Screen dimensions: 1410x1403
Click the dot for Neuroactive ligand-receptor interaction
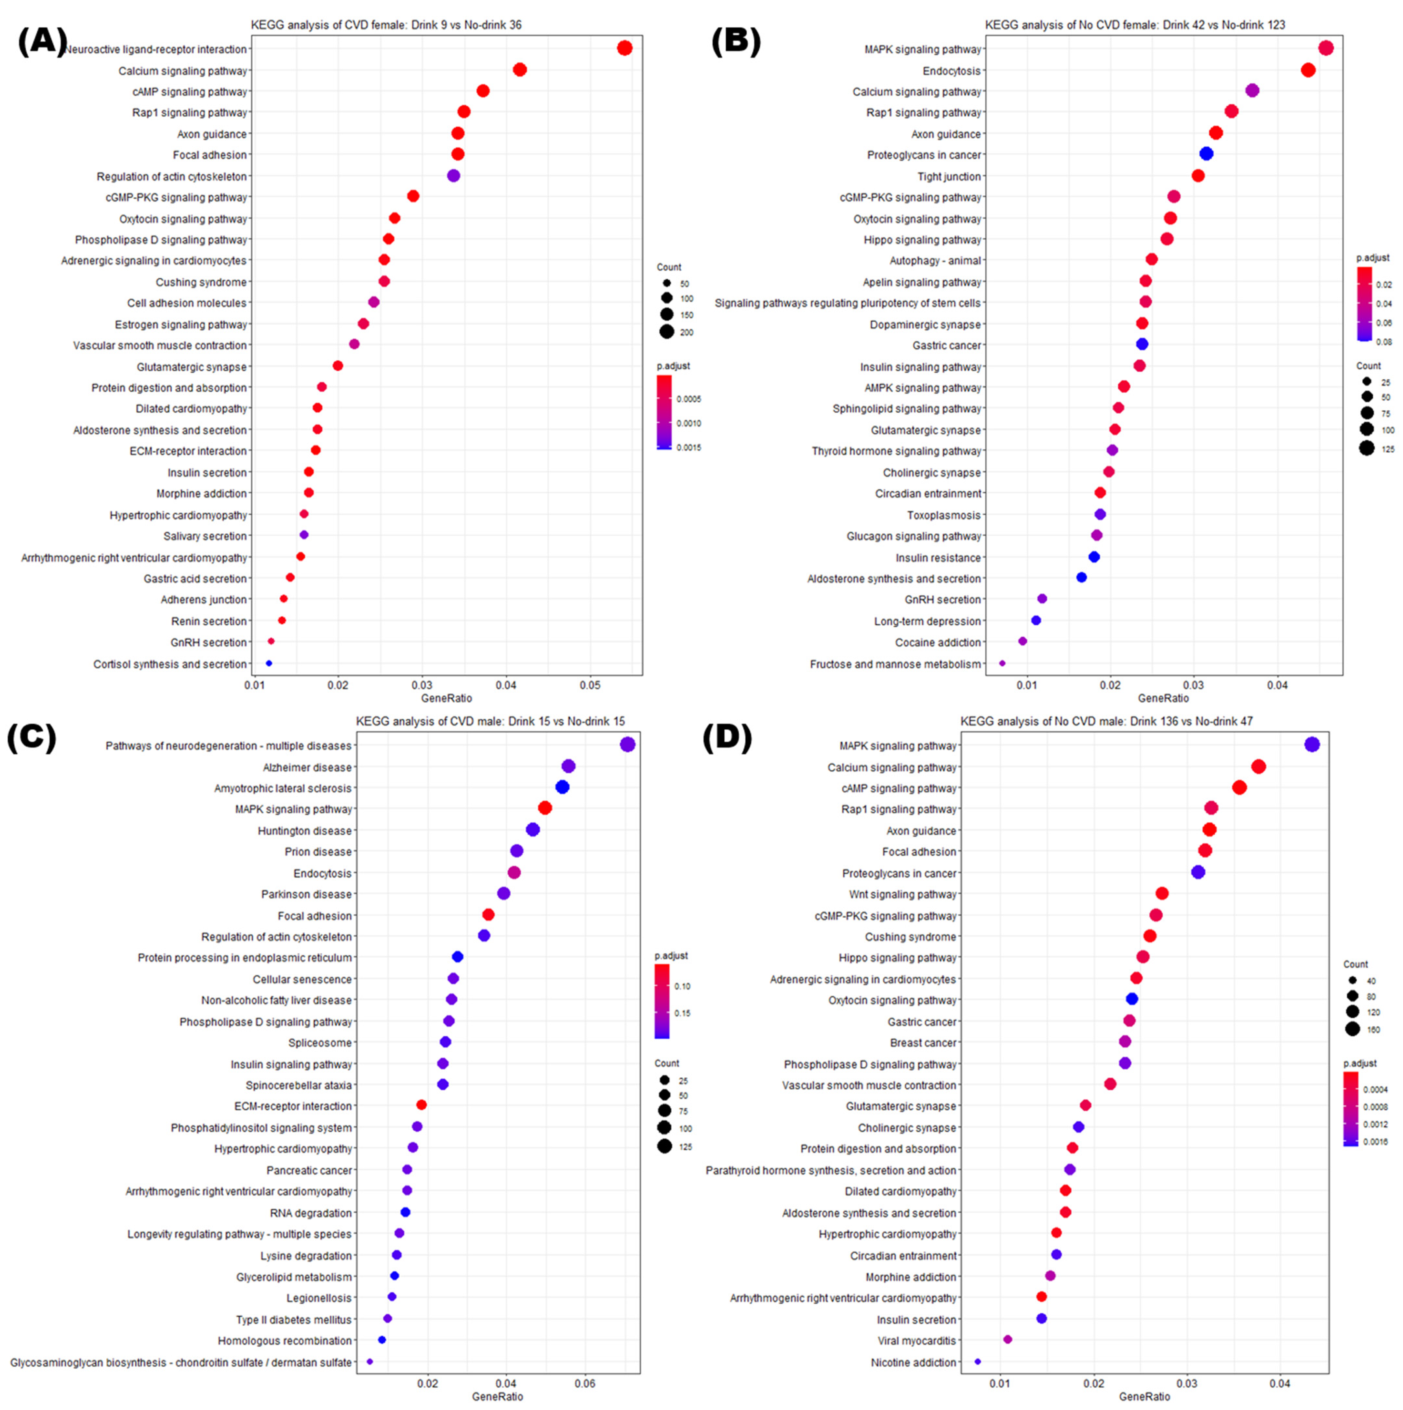tap(624, 48)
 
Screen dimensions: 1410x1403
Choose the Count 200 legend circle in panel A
tap(666, 332)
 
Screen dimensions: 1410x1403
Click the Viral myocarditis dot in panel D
tap(1007, 1339)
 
